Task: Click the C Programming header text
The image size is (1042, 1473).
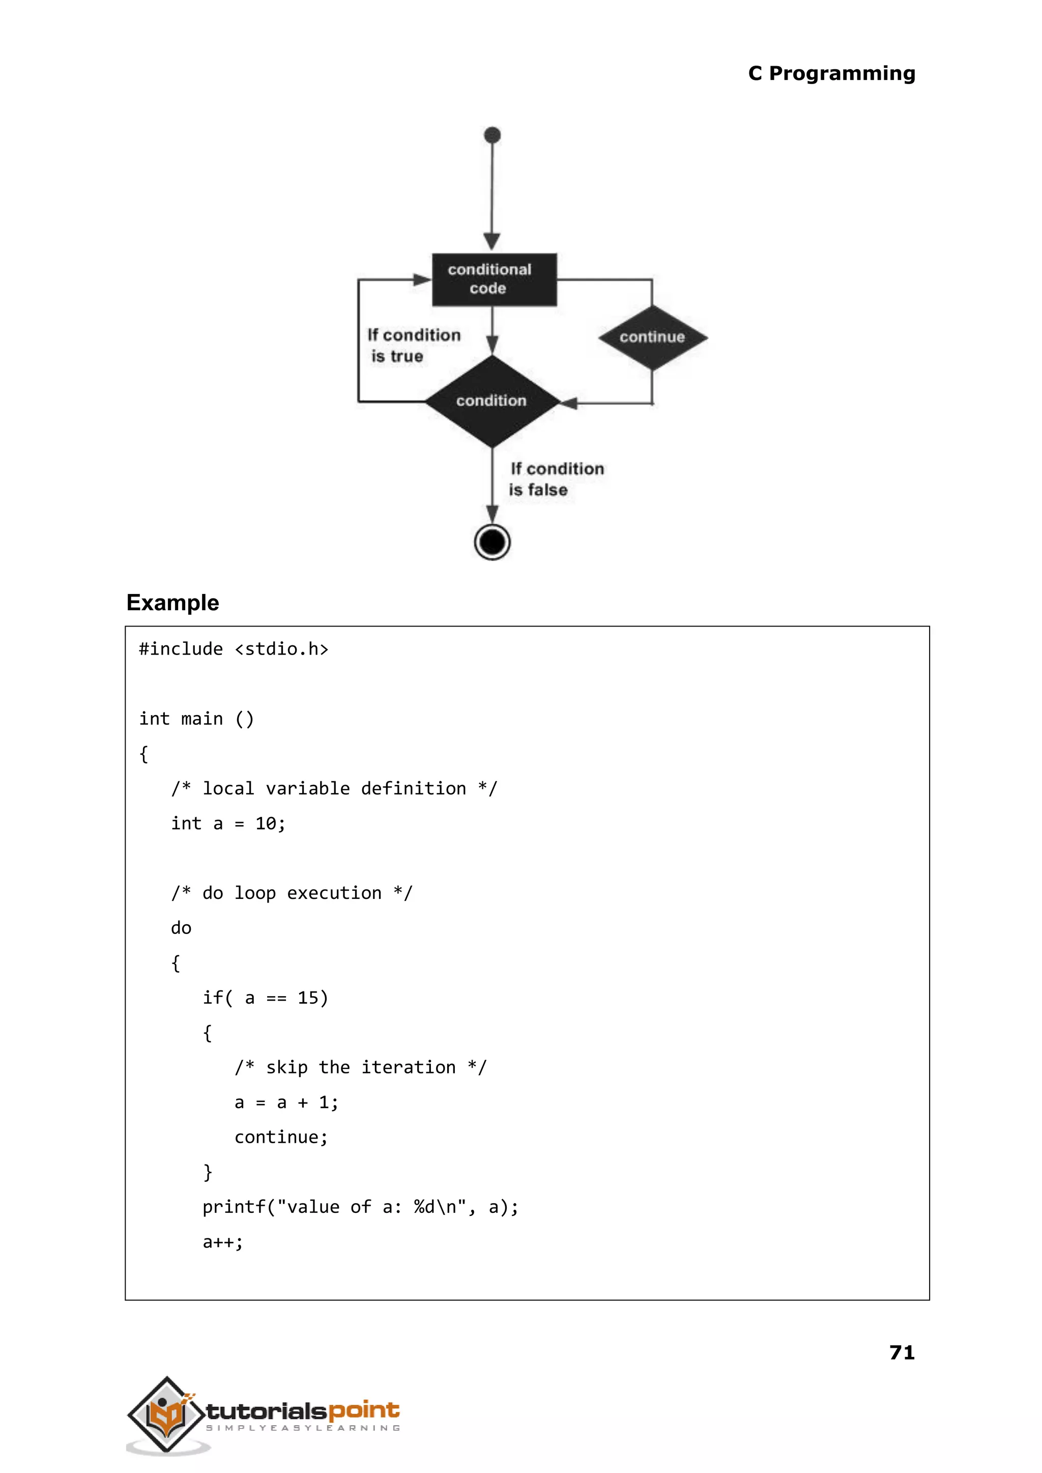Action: (x=831, y=74)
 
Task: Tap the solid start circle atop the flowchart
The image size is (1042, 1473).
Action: (x=492, y=135)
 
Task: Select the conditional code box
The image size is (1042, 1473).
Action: (x=494, y=280)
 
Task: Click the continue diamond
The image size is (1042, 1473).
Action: (x=652, y=337)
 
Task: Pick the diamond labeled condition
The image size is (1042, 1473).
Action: (x=491, y=401)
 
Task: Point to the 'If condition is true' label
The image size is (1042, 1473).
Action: (x=413, y=345)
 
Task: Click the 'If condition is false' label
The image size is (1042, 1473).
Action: (x=556, y=479)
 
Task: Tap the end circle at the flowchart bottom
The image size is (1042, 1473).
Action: (x=492, y=543)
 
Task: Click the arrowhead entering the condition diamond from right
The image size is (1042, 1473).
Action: (x=569, y=403)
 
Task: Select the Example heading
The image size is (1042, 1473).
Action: (x=172, y=603)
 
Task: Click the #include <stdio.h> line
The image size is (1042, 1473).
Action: (x=234, y=649)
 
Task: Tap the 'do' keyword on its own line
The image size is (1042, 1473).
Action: (x=181, y=928)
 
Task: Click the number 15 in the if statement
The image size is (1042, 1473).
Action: (x=308, y=998)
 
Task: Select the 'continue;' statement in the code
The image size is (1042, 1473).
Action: (x=281, y=1137)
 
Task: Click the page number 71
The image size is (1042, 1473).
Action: (x=902, y=1352)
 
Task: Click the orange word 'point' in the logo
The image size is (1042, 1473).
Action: (x=364, y=1410)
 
